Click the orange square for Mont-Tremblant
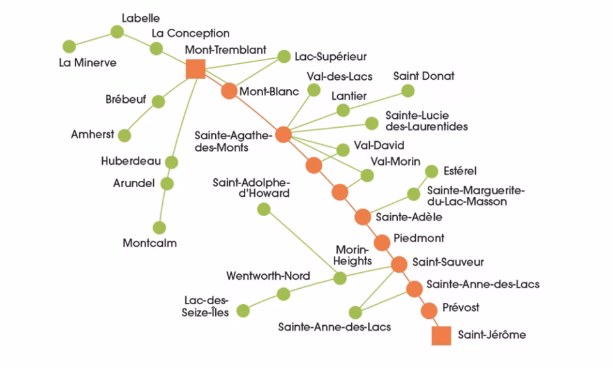pos(195,70)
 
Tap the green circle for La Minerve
pos(70,46)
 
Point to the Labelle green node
pos(117,32)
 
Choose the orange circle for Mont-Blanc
pos(229,91)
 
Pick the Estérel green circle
pos(432,171)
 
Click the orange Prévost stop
pos(430,310)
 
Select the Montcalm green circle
pos(160,227)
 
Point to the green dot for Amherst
pos(125,135)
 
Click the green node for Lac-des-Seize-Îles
pos(243,310)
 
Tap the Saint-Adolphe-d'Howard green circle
pos(264,209)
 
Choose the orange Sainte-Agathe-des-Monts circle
pos(284,135)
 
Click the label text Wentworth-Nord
pos(268,276)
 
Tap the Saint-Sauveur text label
pos(448,262)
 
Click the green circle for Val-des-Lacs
pos(313,90)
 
